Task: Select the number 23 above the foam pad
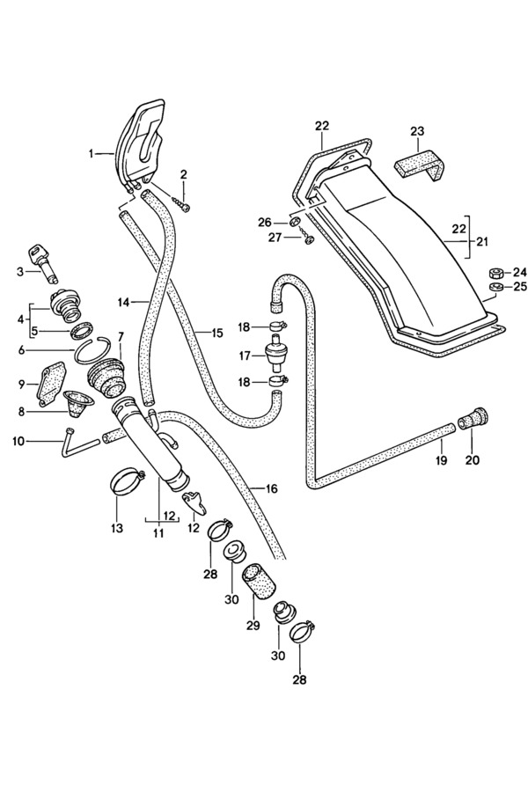[x=417, y=131]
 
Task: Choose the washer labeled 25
[x=495, y=289]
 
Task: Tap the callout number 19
[x=441, y=460]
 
